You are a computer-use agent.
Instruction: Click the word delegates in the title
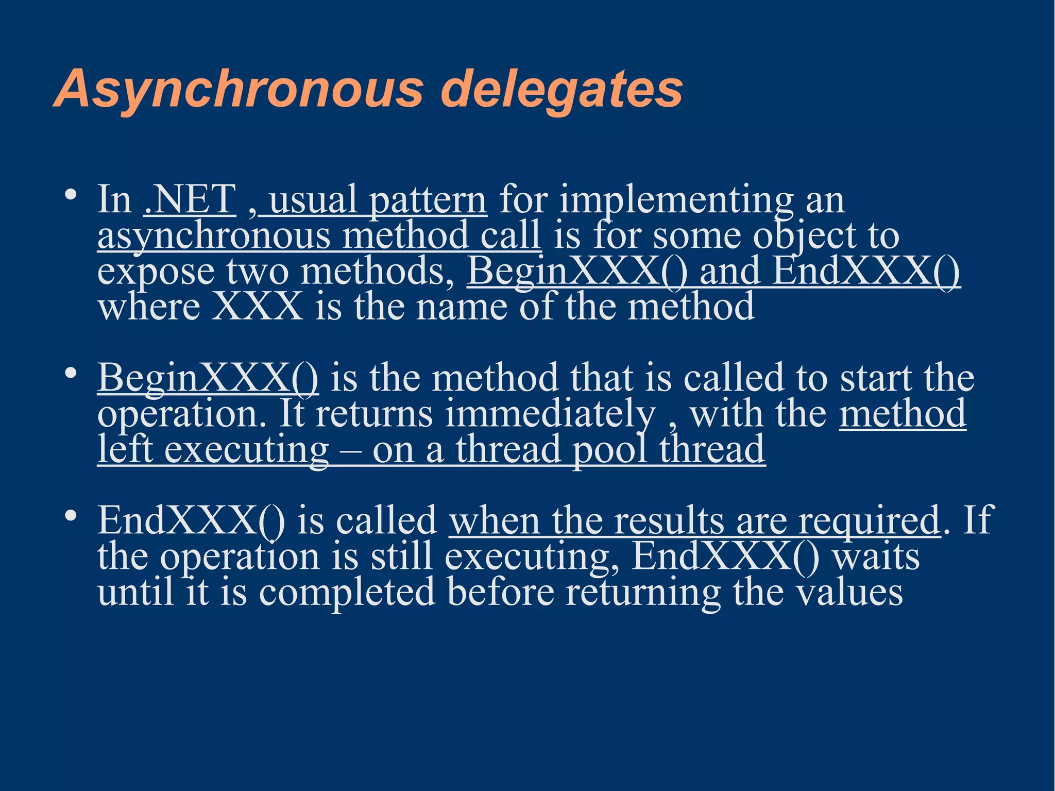(x=561, y=90)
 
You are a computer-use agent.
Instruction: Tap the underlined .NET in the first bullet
(x=190, y=200)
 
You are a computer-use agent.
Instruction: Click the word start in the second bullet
(x=875, y=379)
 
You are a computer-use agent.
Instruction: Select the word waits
(x=876, y=557)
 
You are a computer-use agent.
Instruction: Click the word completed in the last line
(x=347, y=593)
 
